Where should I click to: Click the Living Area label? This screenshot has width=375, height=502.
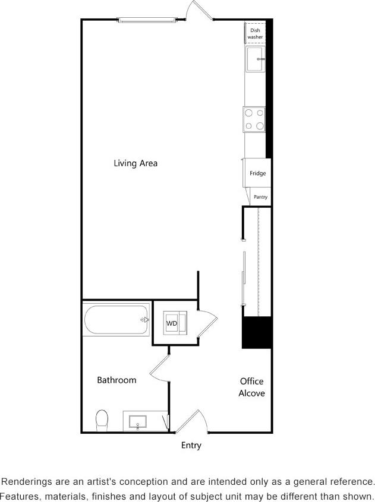(x=135, y=163)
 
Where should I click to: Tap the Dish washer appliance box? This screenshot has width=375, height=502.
(x=255, y=33)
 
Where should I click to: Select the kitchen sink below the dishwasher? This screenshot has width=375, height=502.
(x=256, y=60)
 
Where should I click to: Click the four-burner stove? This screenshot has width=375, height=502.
(x=255, y=119)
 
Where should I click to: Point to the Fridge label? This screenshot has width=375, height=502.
(x=257, y=174)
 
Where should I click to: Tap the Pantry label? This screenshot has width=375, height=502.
(x=260, y=197)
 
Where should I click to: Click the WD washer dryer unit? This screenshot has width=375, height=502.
(x=172, y=323)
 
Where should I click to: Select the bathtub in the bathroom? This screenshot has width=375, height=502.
(x=116, y=320)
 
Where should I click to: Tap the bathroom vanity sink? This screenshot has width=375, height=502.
(x=138, y=422)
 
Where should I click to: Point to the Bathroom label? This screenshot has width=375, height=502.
(x=116, y=380)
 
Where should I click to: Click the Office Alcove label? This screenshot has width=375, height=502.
(x=252, y=387)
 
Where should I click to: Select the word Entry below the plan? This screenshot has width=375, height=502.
(x=191, y=445)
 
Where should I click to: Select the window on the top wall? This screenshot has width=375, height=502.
(x=147, y=21)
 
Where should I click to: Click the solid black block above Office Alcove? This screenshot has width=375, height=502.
(x=257, y=333)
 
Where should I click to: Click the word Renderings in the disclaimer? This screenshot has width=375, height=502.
(x=26, y=482)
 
